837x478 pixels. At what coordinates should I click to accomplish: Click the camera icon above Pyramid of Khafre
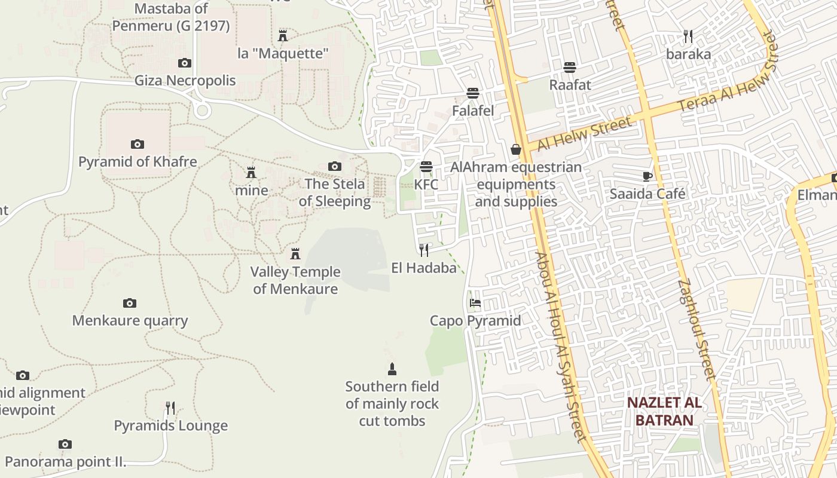point(138,144)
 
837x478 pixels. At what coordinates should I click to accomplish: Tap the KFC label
point(426,185)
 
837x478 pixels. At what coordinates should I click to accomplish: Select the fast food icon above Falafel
point(473,93)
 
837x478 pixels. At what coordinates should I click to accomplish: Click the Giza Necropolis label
point(185,80)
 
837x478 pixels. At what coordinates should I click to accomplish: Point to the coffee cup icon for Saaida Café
point(647,176)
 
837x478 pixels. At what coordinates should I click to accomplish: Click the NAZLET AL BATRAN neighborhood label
point(664,411)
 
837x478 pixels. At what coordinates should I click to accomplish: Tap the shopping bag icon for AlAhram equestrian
point(516,149)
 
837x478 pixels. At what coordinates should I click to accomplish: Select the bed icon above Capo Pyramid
point(475,303)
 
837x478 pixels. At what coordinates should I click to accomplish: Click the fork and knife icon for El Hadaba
point(424,250)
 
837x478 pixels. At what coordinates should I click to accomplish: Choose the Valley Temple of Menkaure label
point(295,280)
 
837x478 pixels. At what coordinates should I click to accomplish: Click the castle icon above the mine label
point(251,173)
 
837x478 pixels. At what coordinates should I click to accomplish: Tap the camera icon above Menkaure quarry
point(130,303)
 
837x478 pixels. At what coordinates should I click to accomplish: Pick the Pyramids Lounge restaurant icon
point(170,408)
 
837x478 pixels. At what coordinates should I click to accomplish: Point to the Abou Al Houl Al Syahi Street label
point(561,347)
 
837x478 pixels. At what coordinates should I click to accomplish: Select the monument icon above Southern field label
point(392,369)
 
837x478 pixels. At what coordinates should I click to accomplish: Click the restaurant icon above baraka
point(688,36)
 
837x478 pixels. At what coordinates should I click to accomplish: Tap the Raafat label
point(570,85)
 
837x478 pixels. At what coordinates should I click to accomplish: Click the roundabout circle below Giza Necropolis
point(202,110)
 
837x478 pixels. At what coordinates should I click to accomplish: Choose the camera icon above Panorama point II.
point(65,444)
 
